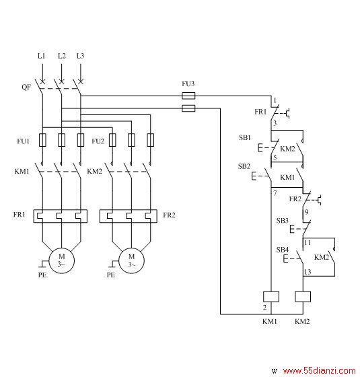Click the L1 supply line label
pyautogui.click(x=41, y=56)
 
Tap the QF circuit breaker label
pyautogui.click(x=26, y=87)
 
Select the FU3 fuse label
pyautogui.click(x=188, y=83)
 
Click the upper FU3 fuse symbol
pyautogui.click(x=188, y=96)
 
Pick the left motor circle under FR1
pyautogui.click(x=62, y=261)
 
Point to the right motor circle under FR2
pyautogui.click(x=132, y=261)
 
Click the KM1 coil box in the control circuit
pyautogui.click(x=271, y=296)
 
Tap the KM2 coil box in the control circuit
pyautogui.click(x=303, y=296)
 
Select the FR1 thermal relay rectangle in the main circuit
pyautogui.click(x=61, y=216)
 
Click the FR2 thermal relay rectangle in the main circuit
pyautogui.click(x=129, y=216)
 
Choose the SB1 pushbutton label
pyautogui.click(x=245, y=137)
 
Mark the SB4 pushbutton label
pyautogui.click(x=283, y=250)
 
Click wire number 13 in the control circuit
pyautogui.click(x=308, y=272)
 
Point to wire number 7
pyautogui.click(x=275, y=193)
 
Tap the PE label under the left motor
pyautogui.click(x=42, y=275)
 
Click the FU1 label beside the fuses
pyautogui.click(x=23, y=141)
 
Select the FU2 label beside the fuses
pyautogui.click(x=98, y=141)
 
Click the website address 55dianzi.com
pyautogui.click(x=319, y=370)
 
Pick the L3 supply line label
pyautogui.click(x=80, y=56)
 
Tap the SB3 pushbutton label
pyautogui.click(x=283, y=221)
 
